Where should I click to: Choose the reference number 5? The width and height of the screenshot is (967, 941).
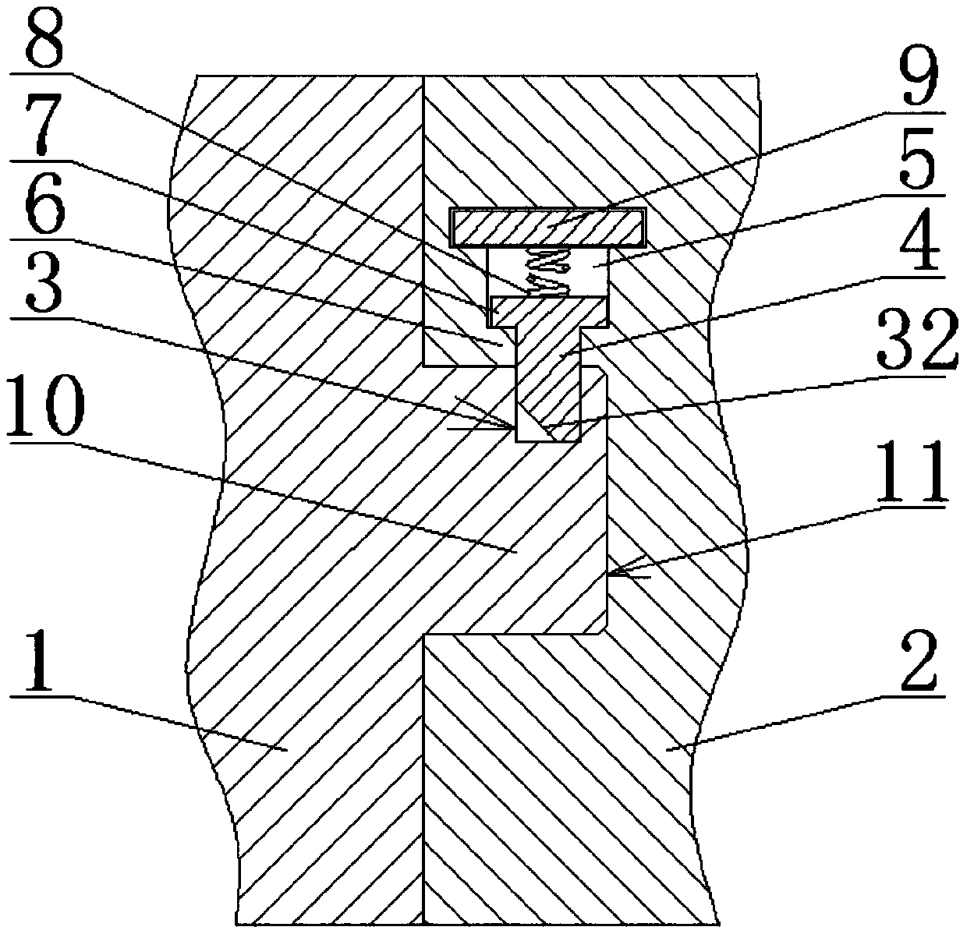coord(920,164)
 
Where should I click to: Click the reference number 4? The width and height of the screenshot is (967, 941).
coord(920,248)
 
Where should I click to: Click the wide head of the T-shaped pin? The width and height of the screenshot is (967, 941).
coord(549,311)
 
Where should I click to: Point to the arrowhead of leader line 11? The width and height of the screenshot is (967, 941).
coord(609,575)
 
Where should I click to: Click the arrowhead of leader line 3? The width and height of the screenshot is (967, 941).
coord(511,427)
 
